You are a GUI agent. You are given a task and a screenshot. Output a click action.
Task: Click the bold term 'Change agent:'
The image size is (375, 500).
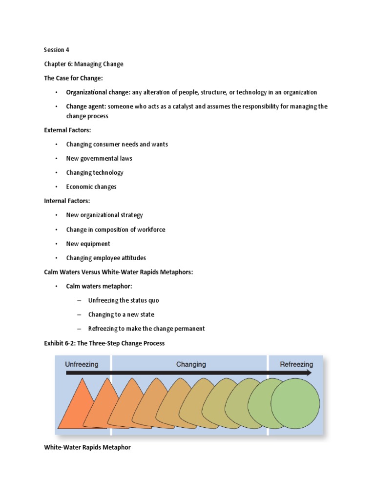coord(86,106)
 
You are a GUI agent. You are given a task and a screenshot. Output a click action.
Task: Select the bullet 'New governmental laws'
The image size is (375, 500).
coord(99,158)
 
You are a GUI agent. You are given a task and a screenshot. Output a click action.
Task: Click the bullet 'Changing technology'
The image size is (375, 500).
coord(95,172)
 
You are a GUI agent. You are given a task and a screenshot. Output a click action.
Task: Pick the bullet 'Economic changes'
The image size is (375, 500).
coord(91,187)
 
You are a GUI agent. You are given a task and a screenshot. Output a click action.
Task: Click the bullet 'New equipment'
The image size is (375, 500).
coord(88,244)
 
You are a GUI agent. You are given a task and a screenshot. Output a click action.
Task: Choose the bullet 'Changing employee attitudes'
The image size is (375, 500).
coord(106,258)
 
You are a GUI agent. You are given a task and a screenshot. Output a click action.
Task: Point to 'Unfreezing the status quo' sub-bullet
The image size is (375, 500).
coord(124,300)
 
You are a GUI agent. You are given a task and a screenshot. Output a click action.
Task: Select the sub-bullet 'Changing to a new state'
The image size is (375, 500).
coord(121,314)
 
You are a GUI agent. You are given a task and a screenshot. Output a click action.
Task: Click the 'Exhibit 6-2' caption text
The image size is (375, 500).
coord(104,343)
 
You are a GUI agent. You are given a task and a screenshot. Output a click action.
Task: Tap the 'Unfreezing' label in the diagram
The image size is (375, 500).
coord(82,364)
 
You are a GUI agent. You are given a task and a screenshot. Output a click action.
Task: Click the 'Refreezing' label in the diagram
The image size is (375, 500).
coord(296,364)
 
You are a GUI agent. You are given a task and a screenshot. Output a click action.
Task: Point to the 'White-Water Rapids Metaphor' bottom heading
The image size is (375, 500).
coord(87,447)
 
